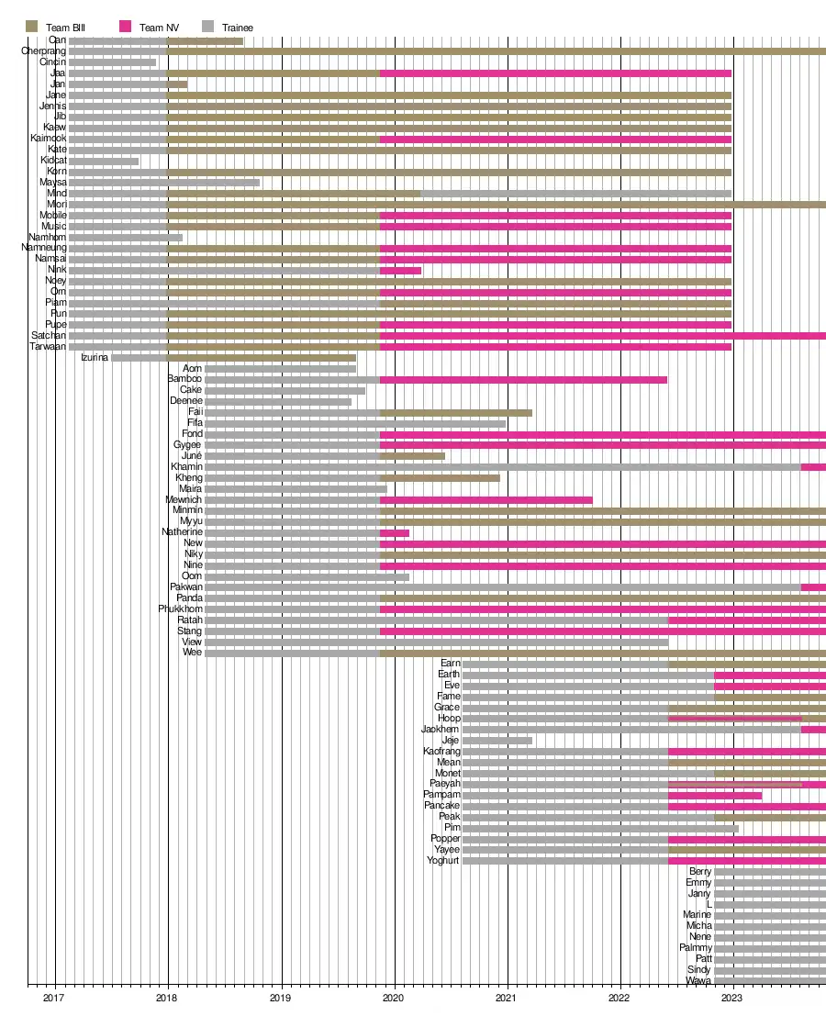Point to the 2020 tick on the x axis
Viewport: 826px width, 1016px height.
pyautogui.click(x=395, y=997)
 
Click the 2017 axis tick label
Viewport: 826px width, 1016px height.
pyautogui.click(x=55, y=997)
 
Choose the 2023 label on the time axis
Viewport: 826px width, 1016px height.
pyautogui.click(x=731, y=997)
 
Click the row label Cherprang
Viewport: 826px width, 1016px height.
pyautogui.click(x=43, y=51)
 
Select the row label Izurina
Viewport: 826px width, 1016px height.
pyautogui.click(x=95, y=357)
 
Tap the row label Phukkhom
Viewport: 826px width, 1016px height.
pyautogui.click(x=180, y=609)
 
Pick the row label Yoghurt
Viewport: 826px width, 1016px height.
pyautogui.click(x=443, y=861)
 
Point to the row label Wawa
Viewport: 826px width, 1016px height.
pyautogui.click(x=698, y=981)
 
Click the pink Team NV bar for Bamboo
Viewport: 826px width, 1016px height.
pyautogui.click(x=523, y=379)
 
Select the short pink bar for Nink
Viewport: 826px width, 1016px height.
pyautogui.click(x=400, y=270)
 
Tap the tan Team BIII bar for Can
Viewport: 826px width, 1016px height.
pyautogui.click(x=205, y=40)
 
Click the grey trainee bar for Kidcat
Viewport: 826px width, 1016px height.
pyautogui.click(x=104, y=161)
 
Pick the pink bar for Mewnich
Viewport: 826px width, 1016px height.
pyautogui.click(x=486, y=499)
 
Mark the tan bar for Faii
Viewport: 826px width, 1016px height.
pyautogui.click(x=455, y=412)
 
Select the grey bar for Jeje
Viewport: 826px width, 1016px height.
pyautogui.click(x=497, y=741)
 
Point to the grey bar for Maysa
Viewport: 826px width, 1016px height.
pyautogui.click(x=164, y=183)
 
